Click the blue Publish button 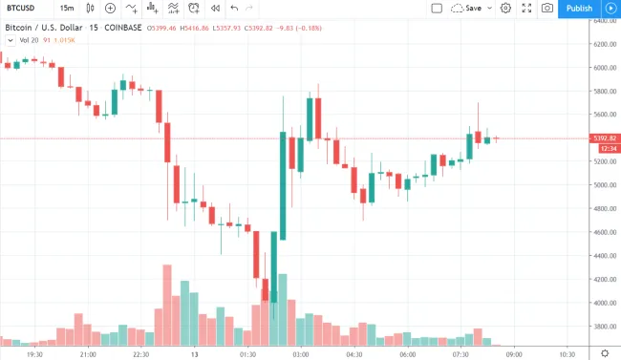point(579,9)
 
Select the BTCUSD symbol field point(21,9)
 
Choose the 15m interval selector point(68,9)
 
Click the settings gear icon point(505,9)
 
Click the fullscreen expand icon point(526,9)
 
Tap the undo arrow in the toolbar point(234,9)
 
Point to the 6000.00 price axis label point(605,68)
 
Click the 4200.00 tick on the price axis point(605,280)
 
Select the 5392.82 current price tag point(605,138)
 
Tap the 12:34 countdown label point(605,149)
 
